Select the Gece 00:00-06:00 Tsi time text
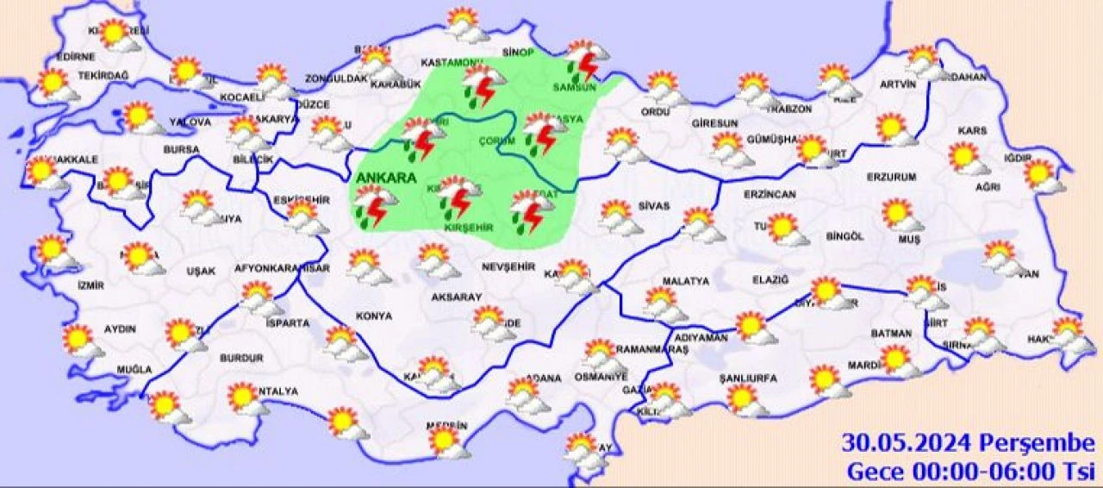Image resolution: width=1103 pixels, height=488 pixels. pos(969,472)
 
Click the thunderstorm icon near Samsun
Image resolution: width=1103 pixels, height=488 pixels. pos(586,61)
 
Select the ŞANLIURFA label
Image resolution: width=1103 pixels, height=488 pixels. pos(748,378)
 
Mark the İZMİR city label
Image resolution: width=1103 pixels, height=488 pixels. pos(90,285)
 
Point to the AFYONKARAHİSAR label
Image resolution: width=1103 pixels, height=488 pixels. pos(282,269)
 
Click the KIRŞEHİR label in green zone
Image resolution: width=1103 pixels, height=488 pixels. pos(469,227)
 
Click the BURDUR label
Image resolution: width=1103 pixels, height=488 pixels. pos(241,357)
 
